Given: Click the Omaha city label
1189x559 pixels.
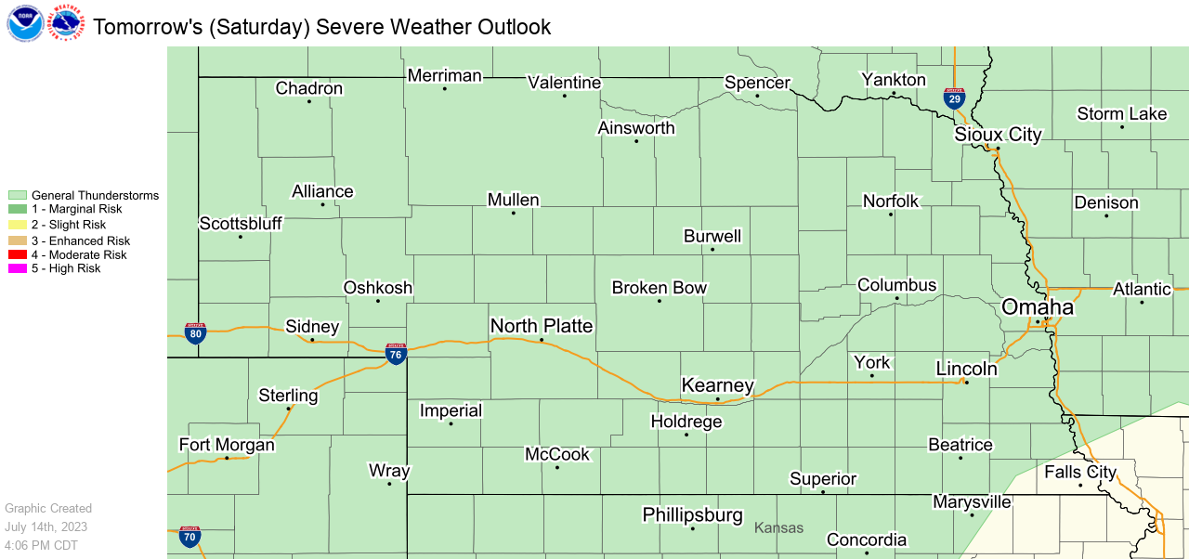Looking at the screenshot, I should coord(1037,307).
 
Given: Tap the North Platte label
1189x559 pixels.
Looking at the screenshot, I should coord(541,325).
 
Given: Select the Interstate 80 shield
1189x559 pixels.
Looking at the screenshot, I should coord(195,334).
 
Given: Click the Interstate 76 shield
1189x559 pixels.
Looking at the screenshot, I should coord(396,353).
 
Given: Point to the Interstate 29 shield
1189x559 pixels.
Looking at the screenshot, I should coord(954,99).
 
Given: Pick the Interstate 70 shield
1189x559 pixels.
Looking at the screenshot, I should coord(189,536).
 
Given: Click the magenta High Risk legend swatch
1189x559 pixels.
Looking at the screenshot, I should coord(18,269).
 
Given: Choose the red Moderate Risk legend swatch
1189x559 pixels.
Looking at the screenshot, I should coord(18,254).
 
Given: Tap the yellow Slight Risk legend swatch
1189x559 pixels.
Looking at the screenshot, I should coord(18,225).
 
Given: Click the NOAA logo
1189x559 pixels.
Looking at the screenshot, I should coord(24,23).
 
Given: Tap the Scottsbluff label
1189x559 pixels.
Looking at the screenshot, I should coord(241,224).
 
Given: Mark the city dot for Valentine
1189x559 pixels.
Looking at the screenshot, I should coord(564,96).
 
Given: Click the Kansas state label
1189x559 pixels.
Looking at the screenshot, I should coord(778,527).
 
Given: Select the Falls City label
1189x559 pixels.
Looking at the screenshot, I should coord(1079,472).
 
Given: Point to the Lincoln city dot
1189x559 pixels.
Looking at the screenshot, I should coord(966,383).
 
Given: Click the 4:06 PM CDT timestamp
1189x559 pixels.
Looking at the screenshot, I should coord(41,545).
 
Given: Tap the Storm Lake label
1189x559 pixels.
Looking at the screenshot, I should coord(1121,113).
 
